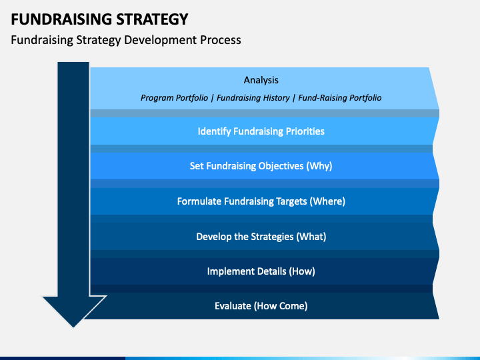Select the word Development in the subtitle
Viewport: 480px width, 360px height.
(161, 40)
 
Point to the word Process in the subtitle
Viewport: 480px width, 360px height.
(221, 40)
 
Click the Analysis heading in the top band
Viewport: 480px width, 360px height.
(261, 80)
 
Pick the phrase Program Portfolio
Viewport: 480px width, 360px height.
(174, 98)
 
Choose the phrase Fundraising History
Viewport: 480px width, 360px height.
(253, 98)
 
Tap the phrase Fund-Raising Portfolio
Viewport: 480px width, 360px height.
(340, 98)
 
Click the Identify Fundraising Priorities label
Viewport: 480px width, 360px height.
(261, 131)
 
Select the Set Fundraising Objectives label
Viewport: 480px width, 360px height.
(247, 166)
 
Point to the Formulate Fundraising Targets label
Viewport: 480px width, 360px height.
(242, 201)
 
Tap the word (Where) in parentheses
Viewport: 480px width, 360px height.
(327, 201)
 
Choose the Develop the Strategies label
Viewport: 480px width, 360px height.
(245, 237)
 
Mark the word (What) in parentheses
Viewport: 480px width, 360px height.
(311, 237)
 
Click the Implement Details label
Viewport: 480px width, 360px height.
(247, 271)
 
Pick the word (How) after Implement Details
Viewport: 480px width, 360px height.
(302, 271)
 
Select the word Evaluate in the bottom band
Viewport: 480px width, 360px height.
(233, 306)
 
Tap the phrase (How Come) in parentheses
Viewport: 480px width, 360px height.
(281, 306)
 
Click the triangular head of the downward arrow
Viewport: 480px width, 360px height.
(73, 307)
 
